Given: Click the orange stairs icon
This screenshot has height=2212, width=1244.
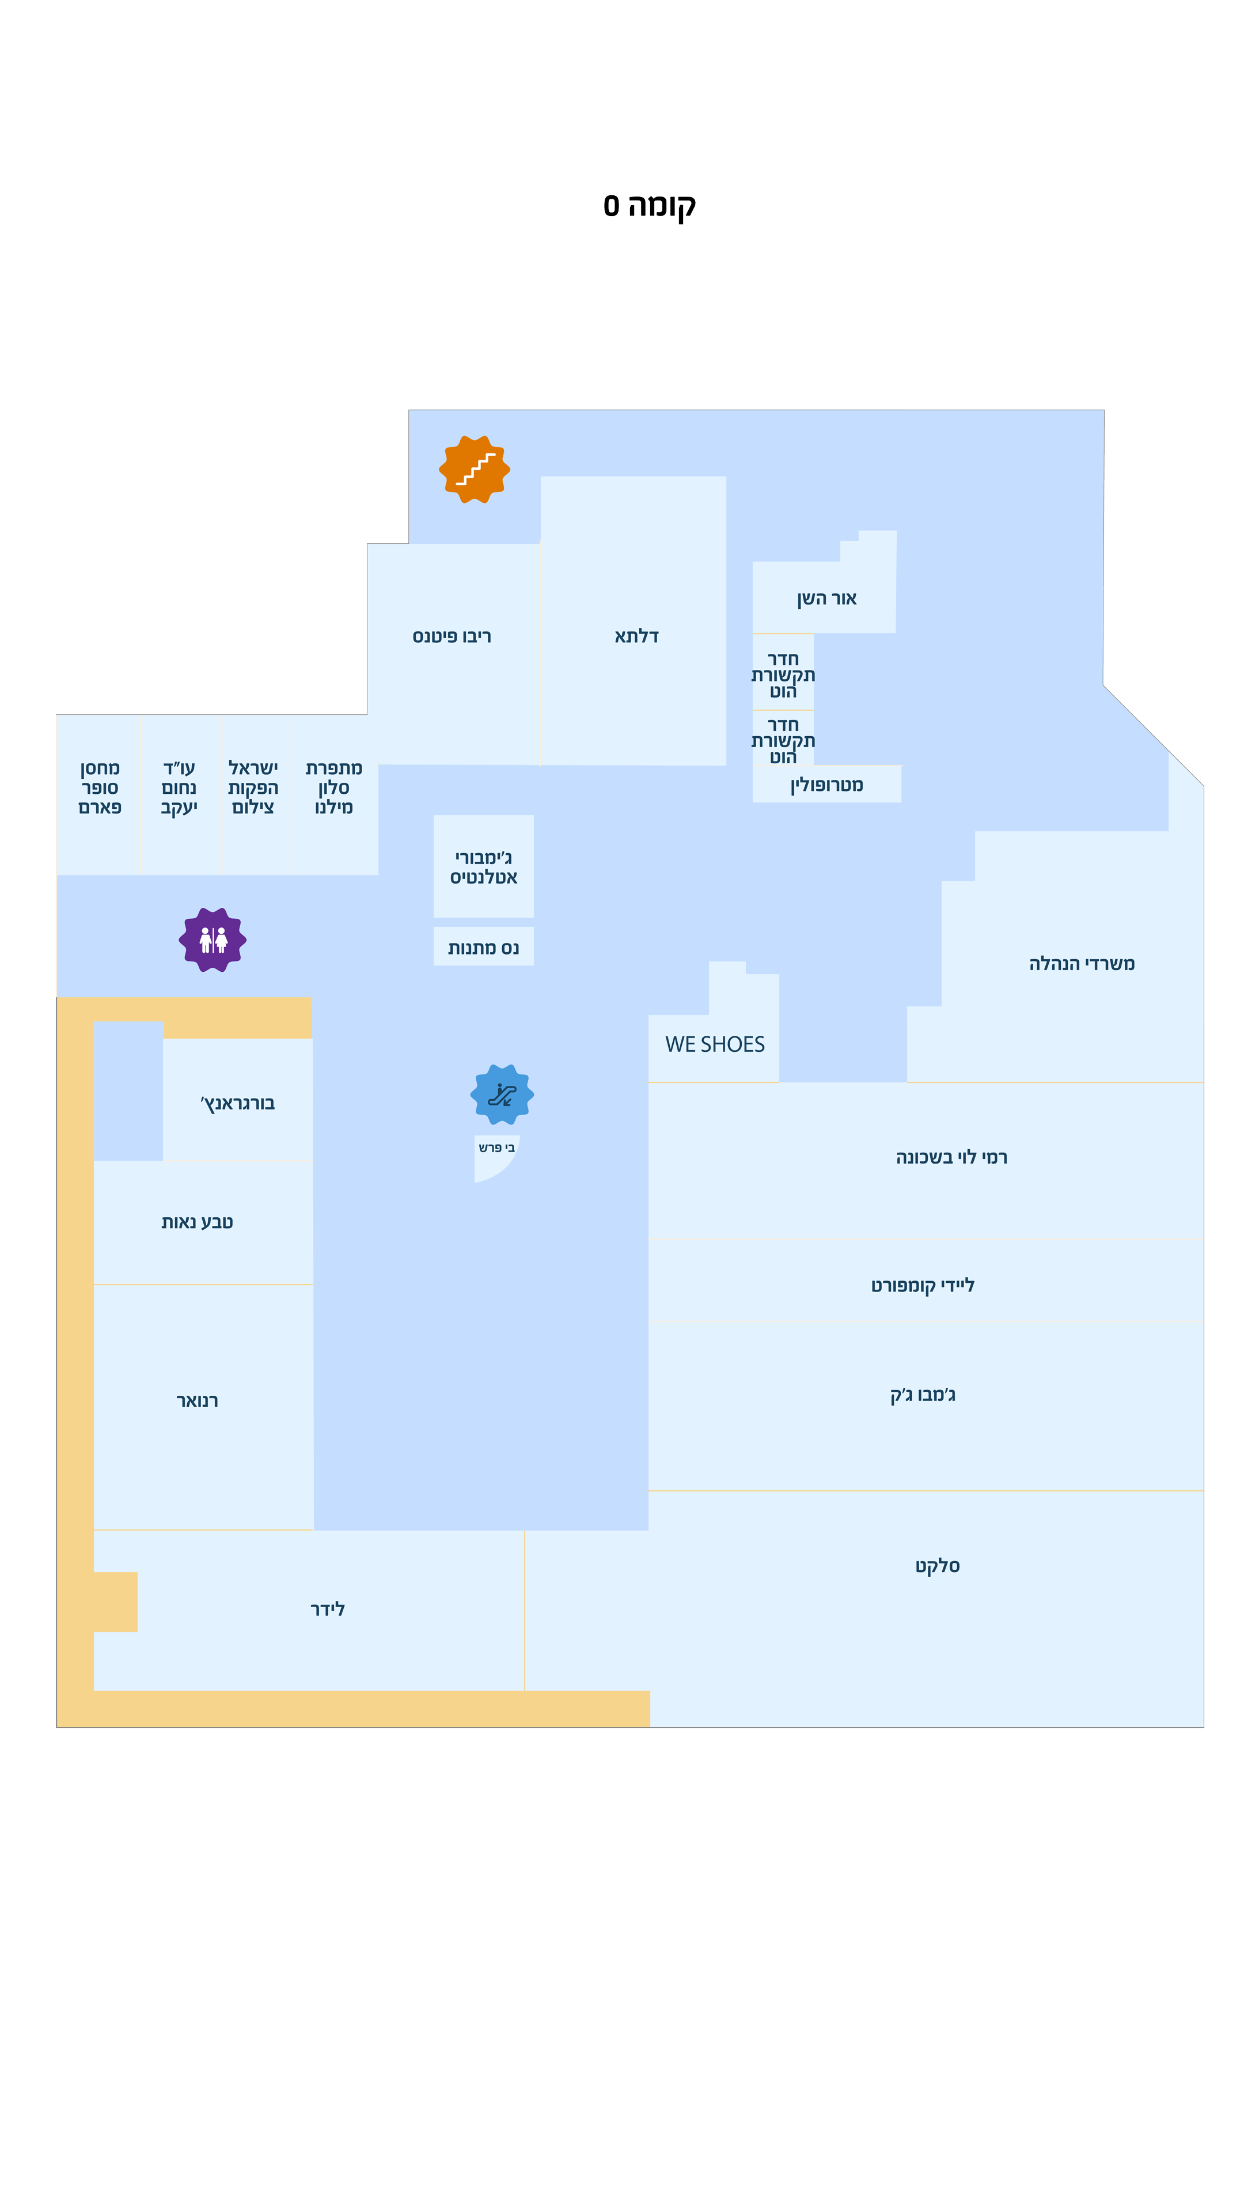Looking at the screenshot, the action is pyautogui.click(x=474, y=469).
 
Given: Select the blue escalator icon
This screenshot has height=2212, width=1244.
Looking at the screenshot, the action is pyautogui.click(x=502, y=1094).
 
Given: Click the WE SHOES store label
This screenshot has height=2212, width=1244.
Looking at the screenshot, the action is pyautogui.click(x=714, y=1044).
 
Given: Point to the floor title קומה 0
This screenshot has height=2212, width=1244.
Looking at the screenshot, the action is pyautogui.click(x=649, y=205).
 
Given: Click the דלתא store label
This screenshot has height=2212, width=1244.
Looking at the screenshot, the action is pyautogui.click(x=636, y=637).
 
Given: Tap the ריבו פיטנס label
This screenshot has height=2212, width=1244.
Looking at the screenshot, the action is pyautogui.click(x=452, y=637).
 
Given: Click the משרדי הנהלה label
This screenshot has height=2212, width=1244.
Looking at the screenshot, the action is pyautogui.click(x=1081, y=964).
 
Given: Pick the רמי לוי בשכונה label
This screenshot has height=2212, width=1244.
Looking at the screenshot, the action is pyautogui.click(x=951, y=1157).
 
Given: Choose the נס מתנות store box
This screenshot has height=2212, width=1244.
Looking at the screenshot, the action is pyautogui.click(x=483, y=946).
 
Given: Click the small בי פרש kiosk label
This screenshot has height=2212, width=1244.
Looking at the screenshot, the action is pyautogui.click(x=496, y=1148).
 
